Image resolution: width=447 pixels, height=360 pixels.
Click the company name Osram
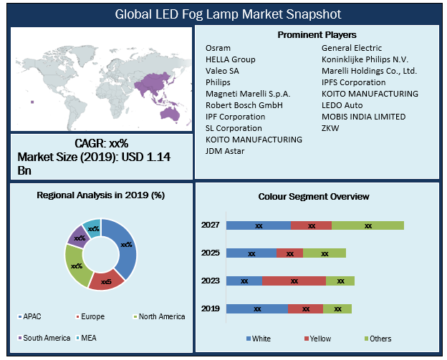pyautogui.click(x=217, y=48)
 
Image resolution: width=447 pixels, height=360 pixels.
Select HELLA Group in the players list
pyautogui.click(x=230, y=59)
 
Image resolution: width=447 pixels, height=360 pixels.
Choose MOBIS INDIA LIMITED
pyautogui.click(x=363, y=117)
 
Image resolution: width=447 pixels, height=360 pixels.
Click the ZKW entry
pyautogui.click(x=330, y=128)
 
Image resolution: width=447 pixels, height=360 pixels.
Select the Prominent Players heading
pyautogui.click(x=316, y=34)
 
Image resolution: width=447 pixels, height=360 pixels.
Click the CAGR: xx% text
pyautogui.click(x=101, y=143)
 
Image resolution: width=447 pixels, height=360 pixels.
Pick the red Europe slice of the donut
pyautogui.click(x=106, y=281)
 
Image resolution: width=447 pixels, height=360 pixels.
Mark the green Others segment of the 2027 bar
pyautogui.click(x=367, y=225)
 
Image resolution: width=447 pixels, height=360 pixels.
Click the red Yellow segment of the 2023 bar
pyautogui.click(x=294, y=281)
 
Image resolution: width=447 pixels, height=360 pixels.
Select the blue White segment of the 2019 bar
pyautogui.click(x=256, y=308)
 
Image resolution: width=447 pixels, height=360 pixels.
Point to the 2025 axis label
pyautogui.click(x=210, y=253)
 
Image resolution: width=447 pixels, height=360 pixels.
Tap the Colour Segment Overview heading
pyautogui.click(x=314, y=196)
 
